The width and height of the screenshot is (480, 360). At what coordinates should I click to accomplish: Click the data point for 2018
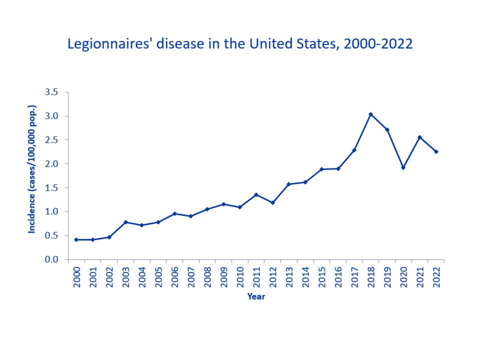coord(370,114)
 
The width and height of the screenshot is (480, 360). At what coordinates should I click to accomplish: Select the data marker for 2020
coord(403,167)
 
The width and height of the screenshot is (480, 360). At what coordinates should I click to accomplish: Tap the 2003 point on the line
coord(126,222)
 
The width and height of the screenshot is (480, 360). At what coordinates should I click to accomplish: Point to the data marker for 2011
coord(256,195)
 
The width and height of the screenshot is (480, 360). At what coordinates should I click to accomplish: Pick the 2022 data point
coord(436,151)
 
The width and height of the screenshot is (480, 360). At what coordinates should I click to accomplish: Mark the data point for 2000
coord(76,240)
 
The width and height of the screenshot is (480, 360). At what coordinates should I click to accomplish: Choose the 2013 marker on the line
coord(289,184)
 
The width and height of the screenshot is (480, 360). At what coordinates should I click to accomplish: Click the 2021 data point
coord(420,137)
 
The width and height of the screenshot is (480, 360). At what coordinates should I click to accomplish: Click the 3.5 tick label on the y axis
coord(51,92)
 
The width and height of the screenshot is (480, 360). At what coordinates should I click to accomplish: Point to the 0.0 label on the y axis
coord(51,260)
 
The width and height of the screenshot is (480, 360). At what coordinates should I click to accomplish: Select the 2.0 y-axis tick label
coord(51,164)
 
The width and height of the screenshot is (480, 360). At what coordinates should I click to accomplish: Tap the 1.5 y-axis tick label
coord(51,188)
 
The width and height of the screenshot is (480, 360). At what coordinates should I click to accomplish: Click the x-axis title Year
coord(256,297)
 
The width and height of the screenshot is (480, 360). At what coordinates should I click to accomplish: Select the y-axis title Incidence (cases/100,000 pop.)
coord(32,176)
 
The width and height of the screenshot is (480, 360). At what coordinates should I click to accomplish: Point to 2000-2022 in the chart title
coord(378,44)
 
